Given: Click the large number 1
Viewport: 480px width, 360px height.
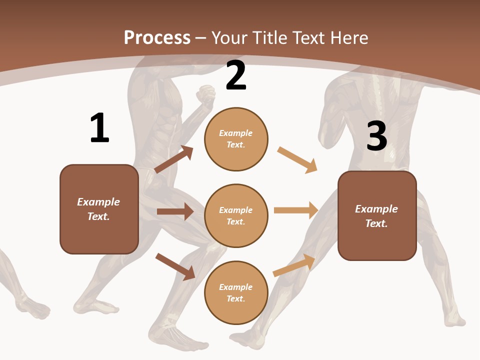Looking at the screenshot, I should (x=99, y=128).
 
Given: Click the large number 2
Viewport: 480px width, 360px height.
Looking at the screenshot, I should (x=236, y=76).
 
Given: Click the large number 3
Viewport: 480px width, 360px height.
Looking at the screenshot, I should (x=376, y=136).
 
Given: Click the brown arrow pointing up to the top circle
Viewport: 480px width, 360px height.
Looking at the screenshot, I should (x=174, y=159).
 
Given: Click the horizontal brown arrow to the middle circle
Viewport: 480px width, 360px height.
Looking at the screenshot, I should (x=175, y=211).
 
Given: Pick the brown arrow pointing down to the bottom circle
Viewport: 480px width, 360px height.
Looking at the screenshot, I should (x=175, y=266).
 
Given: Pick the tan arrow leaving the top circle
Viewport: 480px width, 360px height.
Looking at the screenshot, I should (x=297, y=160).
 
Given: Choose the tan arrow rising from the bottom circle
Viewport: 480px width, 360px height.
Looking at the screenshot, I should (x=294, y=265).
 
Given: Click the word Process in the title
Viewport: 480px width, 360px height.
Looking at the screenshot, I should (x=157, y=37).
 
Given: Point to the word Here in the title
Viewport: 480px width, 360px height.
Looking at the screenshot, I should (x=348, y=37).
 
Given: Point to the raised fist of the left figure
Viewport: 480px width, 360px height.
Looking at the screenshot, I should (x=205, y=94).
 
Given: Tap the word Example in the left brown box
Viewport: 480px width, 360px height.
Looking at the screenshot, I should (x=98, y=202).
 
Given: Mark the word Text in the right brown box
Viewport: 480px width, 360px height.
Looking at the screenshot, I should (x=376, y=223).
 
